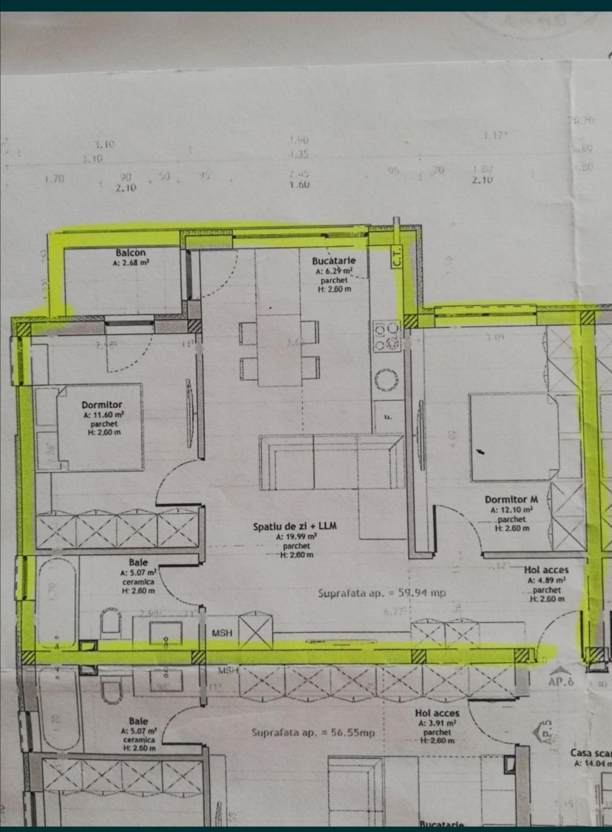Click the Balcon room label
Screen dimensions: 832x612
pyautogui.click(x=130, y=253)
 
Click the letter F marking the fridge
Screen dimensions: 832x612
pyautogui.click(x=388, y=418)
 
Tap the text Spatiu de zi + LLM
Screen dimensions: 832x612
pyautogui.click(x=295, y=526)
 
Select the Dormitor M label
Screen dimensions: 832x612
pyautogui.click(x=511, y=500)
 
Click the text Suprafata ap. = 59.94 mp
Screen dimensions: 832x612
pyautogui.click(x=382, y=593)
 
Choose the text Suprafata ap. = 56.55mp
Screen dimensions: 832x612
pyautogui.click(x=313, y=732)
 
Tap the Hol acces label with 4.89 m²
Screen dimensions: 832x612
pyautogui.click(x=546, y=570)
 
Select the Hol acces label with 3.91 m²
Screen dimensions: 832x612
pyautogui.click(x=436, y=713)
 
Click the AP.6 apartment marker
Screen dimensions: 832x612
pyautogui.click(x=560, y=681)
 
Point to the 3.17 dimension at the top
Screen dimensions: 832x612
pyautogui.click(x=494, y=136)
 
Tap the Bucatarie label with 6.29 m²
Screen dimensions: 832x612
pyautogui.click(x=334, y=261)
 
